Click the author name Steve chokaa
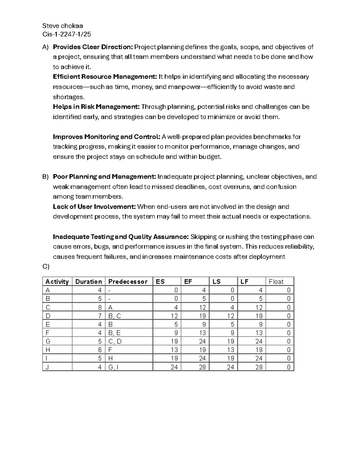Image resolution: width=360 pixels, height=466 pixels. [x=63, y=26]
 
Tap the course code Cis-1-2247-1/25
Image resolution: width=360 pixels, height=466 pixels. [x=67, y=34]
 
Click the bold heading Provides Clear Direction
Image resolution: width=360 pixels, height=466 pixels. [x=93, y=47]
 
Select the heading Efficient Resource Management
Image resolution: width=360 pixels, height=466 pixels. [x=105, y=77]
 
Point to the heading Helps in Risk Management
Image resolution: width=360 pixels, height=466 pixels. [x=96, y=107]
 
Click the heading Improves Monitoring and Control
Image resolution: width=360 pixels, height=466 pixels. [x=106, y=137]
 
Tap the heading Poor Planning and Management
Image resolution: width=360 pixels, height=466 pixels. [x=104, y=177]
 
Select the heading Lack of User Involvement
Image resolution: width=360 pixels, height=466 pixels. [x=94, y=207]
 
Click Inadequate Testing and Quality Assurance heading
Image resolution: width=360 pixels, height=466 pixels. [x=121, y=237]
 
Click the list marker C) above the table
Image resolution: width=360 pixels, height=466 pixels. [x=46, y=266]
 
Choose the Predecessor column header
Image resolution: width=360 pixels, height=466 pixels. [x=128, y=281]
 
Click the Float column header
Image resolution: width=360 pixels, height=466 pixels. [x=276, y=281]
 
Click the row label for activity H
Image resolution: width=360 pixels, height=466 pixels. [x=48, y=350]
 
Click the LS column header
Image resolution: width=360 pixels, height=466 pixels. [x=217, y=281]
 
